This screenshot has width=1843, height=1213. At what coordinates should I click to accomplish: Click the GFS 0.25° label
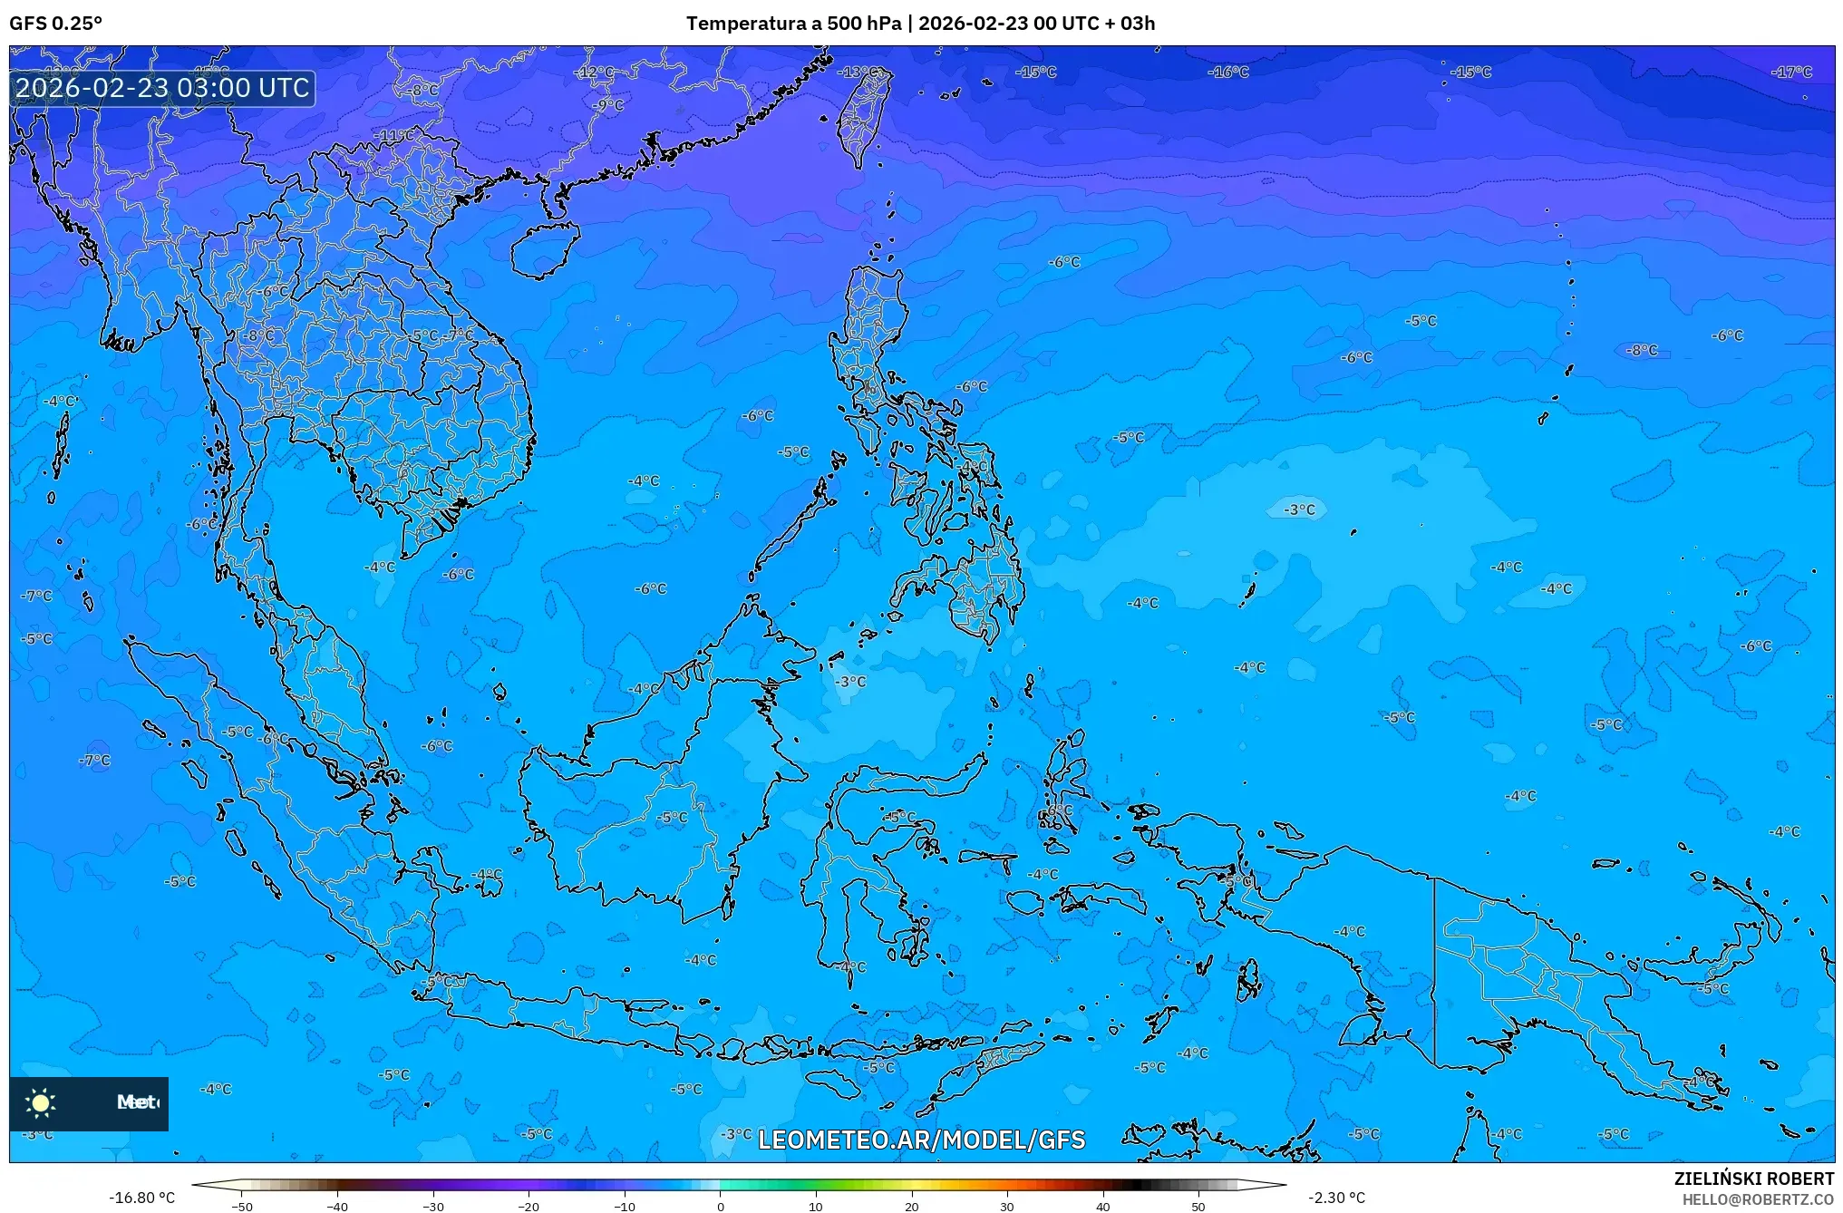click(x=55, y=24)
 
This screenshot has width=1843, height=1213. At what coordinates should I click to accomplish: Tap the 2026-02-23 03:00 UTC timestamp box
click(x=163, y=88)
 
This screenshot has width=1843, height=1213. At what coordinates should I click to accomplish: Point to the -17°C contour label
click(x=1793, y=73)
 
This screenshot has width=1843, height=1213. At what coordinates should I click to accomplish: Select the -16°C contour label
click(x=1228, y=73)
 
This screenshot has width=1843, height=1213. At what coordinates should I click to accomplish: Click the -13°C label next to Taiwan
click(x=858, y=72)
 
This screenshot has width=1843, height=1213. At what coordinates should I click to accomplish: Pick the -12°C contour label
click(x=596, y=73)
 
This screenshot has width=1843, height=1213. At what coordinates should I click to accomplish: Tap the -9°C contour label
click(x=609, y=105)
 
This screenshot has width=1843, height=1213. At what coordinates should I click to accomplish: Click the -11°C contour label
click(x=394, y=136)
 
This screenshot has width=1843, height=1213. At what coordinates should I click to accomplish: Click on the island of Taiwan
click(x=862, y=115)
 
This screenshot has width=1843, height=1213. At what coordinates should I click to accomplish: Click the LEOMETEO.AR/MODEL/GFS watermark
click(x=921, y=1140)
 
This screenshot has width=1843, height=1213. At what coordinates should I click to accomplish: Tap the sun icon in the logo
click(x=41, y=1102)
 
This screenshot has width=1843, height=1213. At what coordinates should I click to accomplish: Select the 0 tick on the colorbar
click(x=721, y=1206)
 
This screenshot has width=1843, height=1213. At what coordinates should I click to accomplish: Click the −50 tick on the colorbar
click(x=242, y=1206)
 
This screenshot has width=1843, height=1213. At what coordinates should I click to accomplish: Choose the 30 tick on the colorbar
click(x=1007, y=1206)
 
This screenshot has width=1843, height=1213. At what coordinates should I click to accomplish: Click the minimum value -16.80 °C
click(x=141, y=1198)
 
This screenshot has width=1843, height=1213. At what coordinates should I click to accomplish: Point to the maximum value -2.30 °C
click(x=1336, y=1198)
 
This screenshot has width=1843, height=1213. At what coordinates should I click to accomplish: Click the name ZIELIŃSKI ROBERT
click(x=1753, y=1179)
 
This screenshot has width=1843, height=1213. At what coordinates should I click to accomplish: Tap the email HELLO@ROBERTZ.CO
click(x=1758, y=1199)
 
